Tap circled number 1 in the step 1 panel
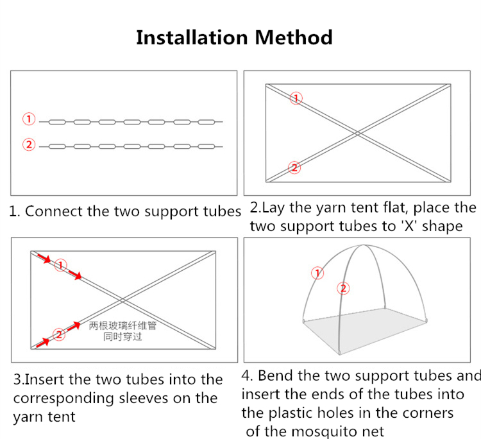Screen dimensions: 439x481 click(x=28, y=119)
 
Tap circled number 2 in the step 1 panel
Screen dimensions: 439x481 click(x=28, y=145)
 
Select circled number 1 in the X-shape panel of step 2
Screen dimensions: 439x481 click(x=296, y=98)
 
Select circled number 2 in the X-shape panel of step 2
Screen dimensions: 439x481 click(x=294, y=168)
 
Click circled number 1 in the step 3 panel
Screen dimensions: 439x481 click(x=61, y=265)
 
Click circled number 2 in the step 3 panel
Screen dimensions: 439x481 click(x=58, y=334)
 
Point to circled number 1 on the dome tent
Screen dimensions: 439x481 click(x=317, y=273)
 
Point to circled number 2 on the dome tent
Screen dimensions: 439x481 click(x=344, y=288)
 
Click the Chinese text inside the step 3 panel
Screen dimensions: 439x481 click(x=122, y=331)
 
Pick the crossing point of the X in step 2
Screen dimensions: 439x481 click(x=358, y=133)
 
